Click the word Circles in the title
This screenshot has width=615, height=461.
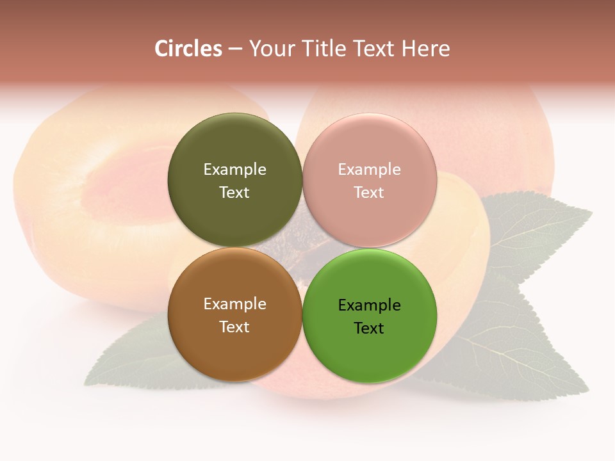coord(188,49)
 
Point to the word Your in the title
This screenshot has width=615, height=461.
coord(270,49)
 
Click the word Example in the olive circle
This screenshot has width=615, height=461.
coord(234,170)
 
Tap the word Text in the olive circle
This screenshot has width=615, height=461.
coord(234,193)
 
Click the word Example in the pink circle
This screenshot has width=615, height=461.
coord(369,170)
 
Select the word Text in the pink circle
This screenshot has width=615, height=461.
coord(369,193)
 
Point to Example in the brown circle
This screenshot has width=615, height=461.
coord(234,304)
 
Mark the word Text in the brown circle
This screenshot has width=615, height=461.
coord(234,327)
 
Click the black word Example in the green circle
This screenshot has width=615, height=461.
coord(369,305)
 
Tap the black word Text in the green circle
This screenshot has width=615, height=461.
coord(369,328)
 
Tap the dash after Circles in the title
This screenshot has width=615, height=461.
coord(235,49)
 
